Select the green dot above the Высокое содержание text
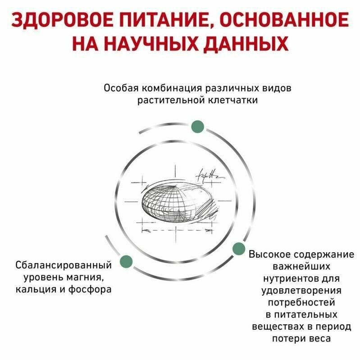pyautogui.click(x=239, y=247)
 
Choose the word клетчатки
pyautogui.click(x=235, y=100)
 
